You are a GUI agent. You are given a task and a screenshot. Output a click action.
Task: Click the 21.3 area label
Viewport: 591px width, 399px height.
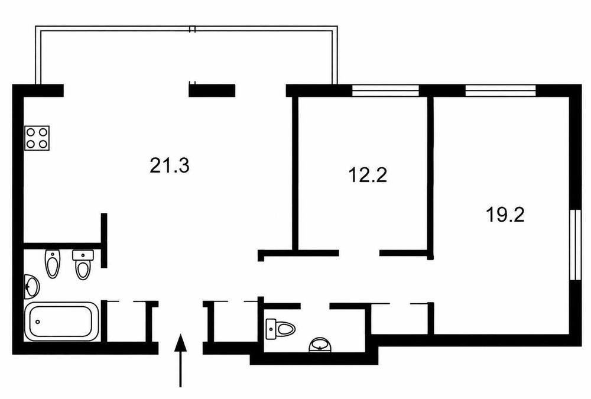(169, 166)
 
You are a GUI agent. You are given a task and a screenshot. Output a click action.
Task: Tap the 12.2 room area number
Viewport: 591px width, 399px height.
(368, 175)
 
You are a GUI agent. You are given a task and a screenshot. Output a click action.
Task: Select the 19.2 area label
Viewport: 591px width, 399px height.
(505, 215)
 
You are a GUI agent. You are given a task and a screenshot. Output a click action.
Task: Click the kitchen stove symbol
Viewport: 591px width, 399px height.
(37, 138)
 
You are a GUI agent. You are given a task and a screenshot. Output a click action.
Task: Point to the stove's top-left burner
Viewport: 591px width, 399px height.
(31, 132)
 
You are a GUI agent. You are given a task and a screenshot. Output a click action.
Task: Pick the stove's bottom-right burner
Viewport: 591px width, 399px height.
(43, 144)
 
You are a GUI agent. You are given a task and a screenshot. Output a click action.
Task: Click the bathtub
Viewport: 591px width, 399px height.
(62, 322)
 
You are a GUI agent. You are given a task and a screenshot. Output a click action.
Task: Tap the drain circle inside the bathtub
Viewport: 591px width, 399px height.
(37, 322)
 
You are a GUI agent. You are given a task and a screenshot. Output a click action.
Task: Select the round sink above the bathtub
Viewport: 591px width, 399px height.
(32, 287)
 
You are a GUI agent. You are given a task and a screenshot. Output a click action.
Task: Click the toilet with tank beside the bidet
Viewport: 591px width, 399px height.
(83, 265)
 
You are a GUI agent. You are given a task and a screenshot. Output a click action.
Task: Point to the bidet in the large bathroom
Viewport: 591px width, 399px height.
(53, 264)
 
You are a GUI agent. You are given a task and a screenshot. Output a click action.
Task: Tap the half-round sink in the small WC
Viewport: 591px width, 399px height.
(320, 345)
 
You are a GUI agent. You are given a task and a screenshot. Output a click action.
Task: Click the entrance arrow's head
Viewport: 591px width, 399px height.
(180, 343)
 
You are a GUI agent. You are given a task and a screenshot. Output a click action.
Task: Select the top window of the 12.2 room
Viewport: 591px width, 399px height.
(385, 90)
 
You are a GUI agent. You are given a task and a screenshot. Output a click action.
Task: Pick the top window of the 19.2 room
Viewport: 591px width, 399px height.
(501, 90)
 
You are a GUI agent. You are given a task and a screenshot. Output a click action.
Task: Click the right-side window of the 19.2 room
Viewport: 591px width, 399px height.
(576, 245)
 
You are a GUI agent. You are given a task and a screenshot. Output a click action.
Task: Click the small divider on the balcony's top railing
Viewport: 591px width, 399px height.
(192, 30)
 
